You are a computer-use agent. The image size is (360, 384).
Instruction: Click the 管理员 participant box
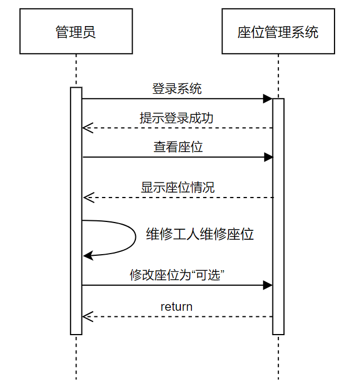point(76,31)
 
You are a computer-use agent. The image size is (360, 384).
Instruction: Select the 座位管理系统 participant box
point(278,31)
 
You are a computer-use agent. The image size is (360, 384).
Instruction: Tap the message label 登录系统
point(177,88)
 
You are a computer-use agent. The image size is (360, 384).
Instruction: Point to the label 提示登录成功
point(176,118)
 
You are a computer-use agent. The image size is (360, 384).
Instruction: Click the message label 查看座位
point(178,147)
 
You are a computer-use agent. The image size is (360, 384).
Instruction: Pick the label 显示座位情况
point(178,187)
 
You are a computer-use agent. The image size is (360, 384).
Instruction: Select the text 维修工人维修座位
point(200,234)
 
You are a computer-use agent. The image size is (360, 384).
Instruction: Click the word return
point(176,306)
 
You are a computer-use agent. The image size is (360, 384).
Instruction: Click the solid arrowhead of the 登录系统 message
point(268,99)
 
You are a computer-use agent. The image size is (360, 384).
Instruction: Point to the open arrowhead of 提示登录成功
point(86,128)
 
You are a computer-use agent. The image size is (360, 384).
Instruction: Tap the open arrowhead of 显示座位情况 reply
point(87,198)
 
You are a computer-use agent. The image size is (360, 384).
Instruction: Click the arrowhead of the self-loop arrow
point(87,255)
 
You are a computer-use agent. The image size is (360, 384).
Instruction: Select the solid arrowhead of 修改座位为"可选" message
point(268,285)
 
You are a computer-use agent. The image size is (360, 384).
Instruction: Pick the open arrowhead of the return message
point(86,317)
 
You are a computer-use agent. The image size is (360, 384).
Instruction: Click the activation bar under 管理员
point(76,211)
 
